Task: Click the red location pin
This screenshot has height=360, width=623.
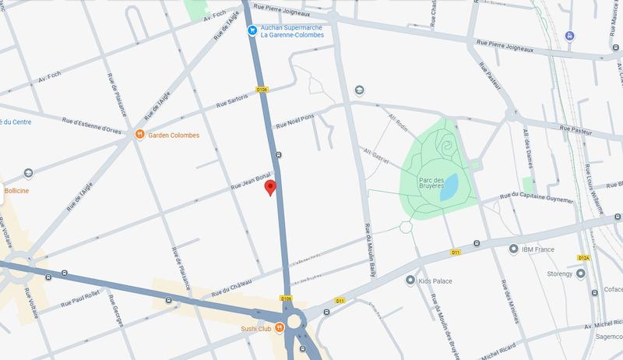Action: click(270, 188)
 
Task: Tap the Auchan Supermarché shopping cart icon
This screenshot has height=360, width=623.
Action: click(252, 30)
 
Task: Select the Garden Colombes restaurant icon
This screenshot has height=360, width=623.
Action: click(139, 135)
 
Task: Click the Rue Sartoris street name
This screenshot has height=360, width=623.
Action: click(232, 101)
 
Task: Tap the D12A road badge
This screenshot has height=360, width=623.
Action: click(584, 257)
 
